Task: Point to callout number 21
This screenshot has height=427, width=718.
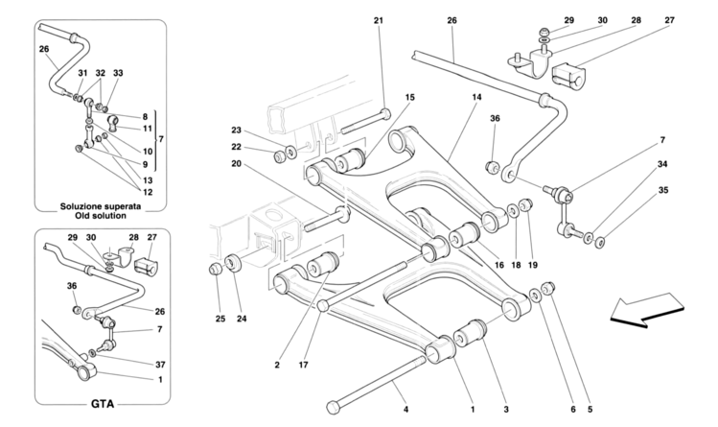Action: (x=378, y=20)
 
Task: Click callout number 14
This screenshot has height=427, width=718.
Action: (x=475, y=98)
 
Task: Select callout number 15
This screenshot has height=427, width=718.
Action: (x=409, y=98)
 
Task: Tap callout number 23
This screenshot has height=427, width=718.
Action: (x=235, y=130)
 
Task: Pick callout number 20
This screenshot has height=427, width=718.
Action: (x=235, y=163)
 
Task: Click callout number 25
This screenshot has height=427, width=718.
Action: (x=219, y=318)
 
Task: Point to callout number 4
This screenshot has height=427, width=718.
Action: (x=405, y=410)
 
